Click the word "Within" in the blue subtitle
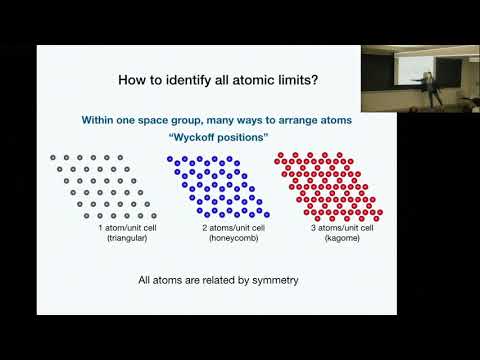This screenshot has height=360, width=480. click(104, 120)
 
